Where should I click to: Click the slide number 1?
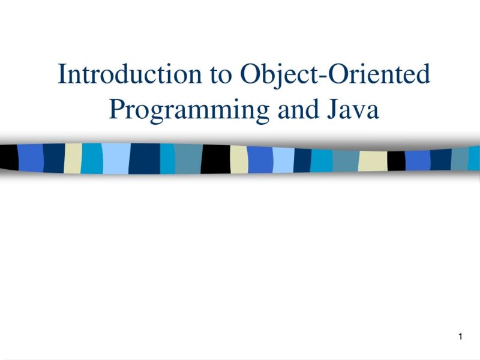(460, 337)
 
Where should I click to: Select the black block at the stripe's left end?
(8, 157)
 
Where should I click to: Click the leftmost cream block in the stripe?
(73, 158)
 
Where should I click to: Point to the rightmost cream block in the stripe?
(373, 160)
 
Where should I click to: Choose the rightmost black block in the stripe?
(396, 160)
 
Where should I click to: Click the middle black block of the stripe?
(215, 159)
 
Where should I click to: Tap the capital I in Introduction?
(61, 74)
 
